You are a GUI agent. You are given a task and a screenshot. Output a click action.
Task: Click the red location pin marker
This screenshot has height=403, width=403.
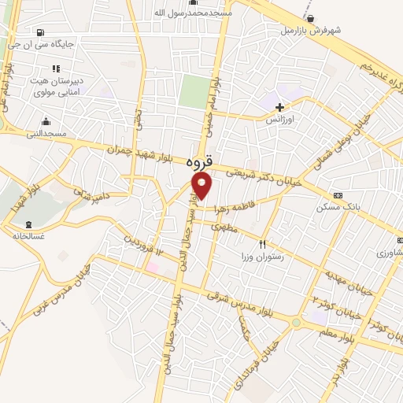click(202, 186)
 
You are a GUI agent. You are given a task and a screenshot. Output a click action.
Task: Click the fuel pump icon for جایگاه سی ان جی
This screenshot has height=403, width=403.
click(39, 32)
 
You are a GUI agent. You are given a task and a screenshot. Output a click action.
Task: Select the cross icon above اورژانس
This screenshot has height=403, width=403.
click(279, 106)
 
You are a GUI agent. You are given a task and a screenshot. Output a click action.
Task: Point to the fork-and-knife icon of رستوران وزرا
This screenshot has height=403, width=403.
click(264, 245)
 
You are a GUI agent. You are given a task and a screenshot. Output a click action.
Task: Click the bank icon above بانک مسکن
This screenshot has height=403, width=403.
click(338, 195)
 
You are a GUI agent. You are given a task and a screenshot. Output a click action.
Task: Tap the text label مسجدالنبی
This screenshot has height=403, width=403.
click(46, 134)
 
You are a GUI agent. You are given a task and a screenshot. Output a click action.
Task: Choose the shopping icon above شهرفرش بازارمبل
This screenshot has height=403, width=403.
click(312, 19)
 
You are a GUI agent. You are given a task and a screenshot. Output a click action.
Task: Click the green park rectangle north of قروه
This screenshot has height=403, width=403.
click(194, 93)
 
